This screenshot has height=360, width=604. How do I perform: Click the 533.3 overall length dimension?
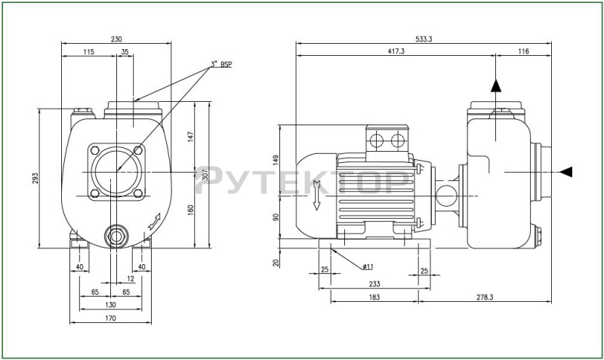pyautogui.click(x=424, y=39)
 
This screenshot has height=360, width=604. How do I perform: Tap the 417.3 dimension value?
pyautogui.click(x=396, y=51)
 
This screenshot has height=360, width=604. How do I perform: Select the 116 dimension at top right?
pyautogui.click(x=523, y=51)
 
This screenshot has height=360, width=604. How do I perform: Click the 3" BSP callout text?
pyautogui.click(x=221, y=64)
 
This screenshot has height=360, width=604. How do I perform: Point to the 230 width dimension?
pyautogui.click(x=116, y=39)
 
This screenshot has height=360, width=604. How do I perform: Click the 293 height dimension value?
pyautogui.click(x=35, y=178)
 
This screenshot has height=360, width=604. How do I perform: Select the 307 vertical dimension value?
pyautogui.click(x=205, y=175)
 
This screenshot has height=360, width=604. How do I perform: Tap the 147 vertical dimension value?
pyautogui.click(x=191, y=137)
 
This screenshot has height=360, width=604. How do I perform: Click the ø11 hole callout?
pyautogui.click(x=368, y=266)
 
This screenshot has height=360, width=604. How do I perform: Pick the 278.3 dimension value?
pyautogui.click(x=485, y=297)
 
